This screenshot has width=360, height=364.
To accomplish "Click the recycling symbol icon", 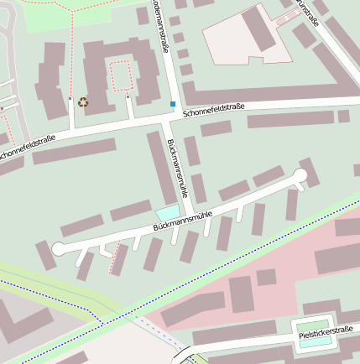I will click(83, 102).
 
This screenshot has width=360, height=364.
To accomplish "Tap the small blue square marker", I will click(173, 104).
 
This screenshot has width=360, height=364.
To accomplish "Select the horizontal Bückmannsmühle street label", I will click(182, 221).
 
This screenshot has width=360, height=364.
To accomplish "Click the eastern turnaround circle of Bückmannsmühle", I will click(302, 176).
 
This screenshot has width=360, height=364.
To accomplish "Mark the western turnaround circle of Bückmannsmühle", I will click(57, 248).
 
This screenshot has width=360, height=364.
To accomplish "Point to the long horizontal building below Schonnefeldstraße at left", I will click(74, 151).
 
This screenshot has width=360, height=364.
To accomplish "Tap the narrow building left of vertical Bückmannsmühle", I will click(161, 168).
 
